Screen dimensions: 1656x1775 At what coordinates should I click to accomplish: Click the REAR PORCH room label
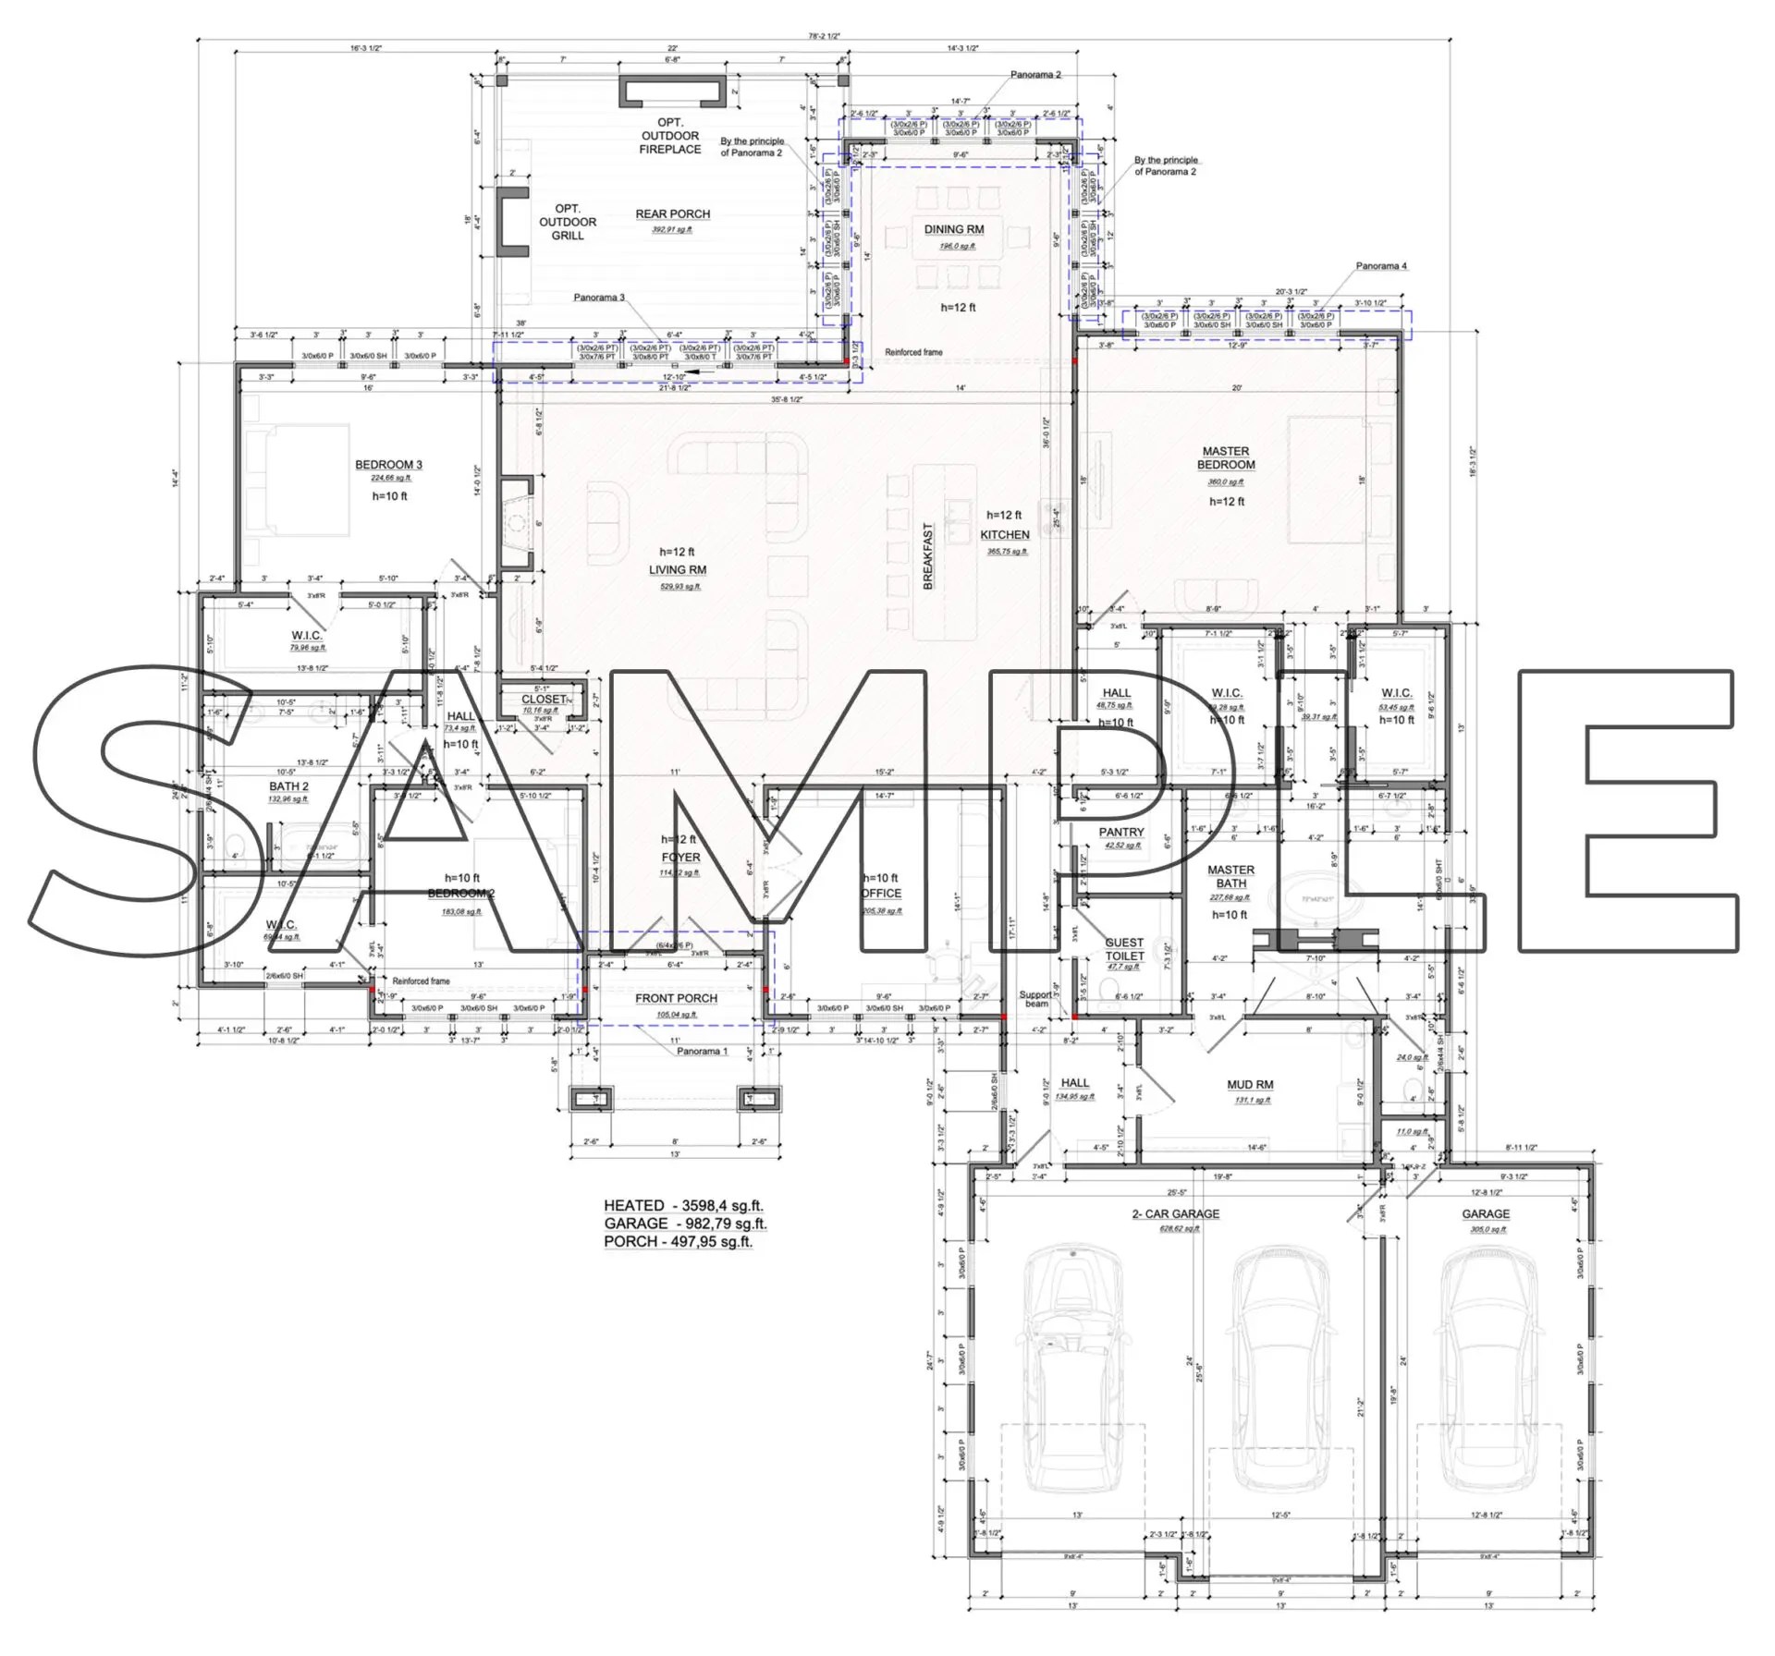(672, 214)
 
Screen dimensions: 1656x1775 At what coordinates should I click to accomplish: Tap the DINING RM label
(954, 230)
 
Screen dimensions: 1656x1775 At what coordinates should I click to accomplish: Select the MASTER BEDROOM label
(1226, 458)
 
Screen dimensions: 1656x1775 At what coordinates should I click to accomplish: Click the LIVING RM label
(677, 570)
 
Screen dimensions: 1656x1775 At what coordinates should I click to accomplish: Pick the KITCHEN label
(1005, 535)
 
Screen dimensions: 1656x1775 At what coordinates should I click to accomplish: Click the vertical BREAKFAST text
(928, 556)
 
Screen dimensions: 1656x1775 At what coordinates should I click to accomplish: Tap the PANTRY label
(1121, 833)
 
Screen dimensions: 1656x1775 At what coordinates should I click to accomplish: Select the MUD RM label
(1250, 1085)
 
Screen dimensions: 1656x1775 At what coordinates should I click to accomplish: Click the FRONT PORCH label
(676, 998)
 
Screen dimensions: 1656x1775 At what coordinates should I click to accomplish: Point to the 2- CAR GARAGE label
(1176, 1214)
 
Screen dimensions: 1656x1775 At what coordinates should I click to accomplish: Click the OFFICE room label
(881, 894)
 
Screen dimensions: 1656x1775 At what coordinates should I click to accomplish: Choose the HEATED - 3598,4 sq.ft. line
(683, 1206)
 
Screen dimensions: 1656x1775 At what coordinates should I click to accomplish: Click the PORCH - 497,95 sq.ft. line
(678, 1242)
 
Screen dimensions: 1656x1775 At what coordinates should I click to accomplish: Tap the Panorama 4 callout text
(1381, 266)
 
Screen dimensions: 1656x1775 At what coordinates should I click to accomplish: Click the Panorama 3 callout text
(599, 298)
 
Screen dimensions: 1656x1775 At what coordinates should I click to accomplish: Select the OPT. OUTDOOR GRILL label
(568, 222)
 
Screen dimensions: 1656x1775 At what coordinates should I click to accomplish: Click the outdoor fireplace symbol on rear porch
(670, 91)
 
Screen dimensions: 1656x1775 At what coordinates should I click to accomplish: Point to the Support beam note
(1035, 999)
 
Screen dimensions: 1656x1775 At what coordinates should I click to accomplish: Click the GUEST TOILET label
(1124, 949)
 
